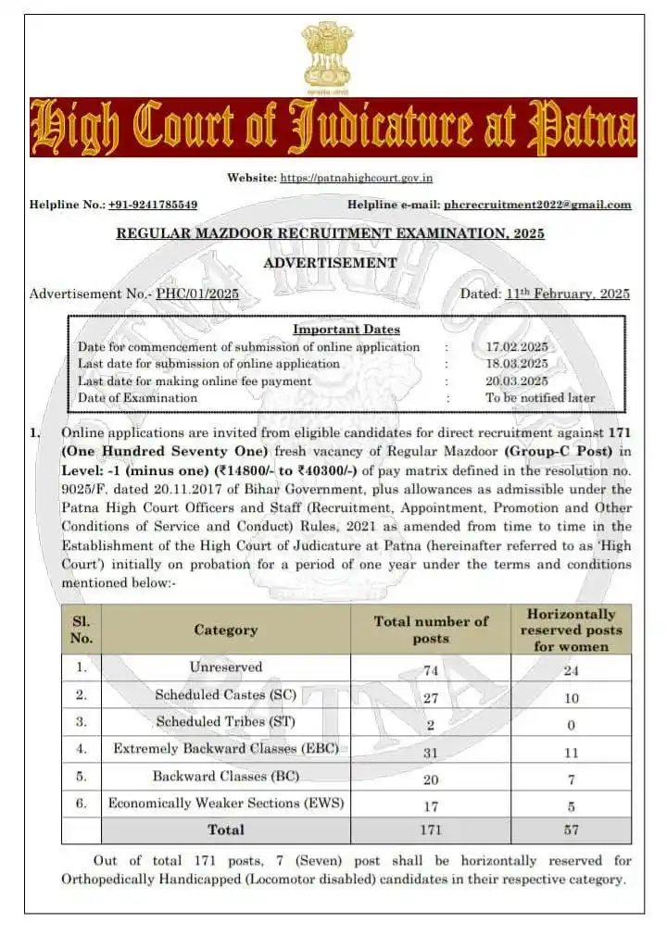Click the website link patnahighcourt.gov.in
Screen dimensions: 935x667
pyautogui.click(x=357, y=178)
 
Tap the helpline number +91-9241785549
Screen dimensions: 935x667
pyautogui.click(x=153, y=205)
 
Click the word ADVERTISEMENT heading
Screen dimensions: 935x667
pyautogui.click(x=330, y=263)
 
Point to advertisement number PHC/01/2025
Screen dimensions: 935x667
pyautogui.click(x=197, y=294)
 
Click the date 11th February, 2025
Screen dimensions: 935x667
pyautogui.click(x=568, y=294)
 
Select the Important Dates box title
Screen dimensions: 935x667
pyautogui.click(x=346, y=330)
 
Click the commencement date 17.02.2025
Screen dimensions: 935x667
pyautogui.click(x=517, y=347)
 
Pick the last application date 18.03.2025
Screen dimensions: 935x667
pyautogui.click(x=517, y=364)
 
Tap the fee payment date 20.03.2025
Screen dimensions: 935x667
pyautogui.click(x=517, y=380)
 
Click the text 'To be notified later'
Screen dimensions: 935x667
pyautogui.click(x=541, y=398)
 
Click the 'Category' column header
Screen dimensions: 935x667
pyautogui.click(x=225, y=630)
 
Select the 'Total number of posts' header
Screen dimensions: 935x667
pyautogui.click(x=430, y=630)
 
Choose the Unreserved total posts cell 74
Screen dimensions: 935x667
pyautogui.click(x=430, y=669)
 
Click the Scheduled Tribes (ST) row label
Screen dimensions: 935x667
pyautogui.click(x=225, y=721)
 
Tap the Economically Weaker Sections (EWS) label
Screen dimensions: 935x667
pyautogui.click(x=225, y=803)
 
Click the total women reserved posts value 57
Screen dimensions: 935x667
pyautogui.click(x=571, y=830)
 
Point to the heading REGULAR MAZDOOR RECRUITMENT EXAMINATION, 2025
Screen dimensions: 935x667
pyautogui.click(x=330, y=233)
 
